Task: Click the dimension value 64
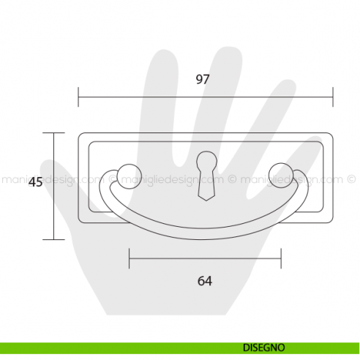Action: click(205, 280)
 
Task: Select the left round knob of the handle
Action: click(126, 173)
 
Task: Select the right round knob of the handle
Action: click(280, 173)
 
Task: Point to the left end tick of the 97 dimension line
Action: click(78, 97)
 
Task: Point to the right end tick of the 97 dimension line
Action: click(333, 97)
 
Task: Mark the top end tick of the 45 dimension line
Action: click(53, 133)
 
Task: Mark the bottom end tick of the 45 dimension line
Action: click(53, 239)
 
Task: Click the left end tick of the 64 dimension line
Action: click(129, 258)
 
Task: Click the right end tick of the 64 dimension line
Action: click(281, 258)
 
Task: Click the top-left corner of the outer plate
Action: click(79, 133)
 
